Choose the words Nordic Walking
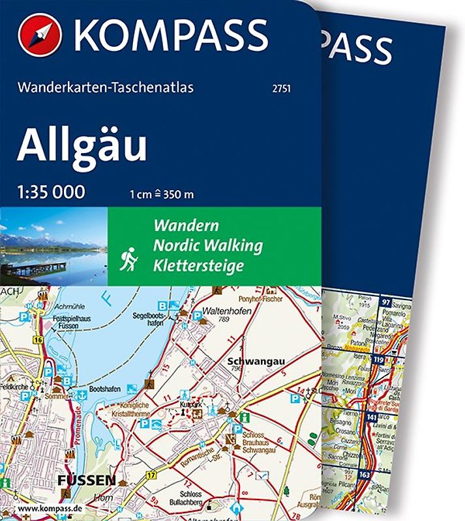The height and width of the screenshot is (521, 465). point(207,246)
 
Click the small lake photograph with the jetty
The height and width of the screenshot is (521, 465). point(53,247)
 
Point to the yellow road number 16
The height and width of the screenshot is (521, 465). point(38,339)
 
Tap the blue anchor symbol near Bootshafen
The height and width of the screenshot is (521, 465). point(83,394)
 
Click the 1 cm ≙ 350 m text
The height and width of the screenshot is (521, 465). point(161,193)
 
